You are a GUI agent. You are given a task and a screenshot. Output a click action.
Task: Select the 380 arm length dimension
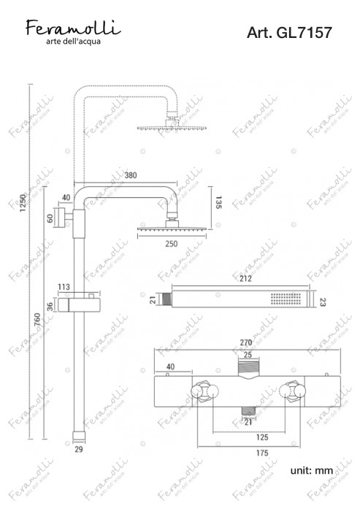(x=131, y=176)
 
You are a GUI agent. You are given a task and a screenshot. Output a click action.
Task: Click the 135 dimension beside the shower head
(x=218, y=203)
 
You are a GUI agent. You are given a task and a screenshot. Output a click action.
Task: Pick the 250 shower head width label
(x=171, y=243)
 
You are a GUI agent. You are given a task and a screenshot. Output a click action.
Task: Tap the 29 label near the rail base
(x=79, y=450)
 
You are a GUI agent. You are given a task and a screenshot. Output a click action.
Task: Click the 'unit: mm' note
(x=313, y=472)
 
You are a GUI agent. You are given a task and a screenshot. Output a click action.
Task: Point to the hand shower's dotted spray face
(x=286, y=299)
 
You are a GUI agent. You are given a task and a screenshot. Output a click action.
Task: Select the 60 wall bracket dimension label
(x=50, y=218)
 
